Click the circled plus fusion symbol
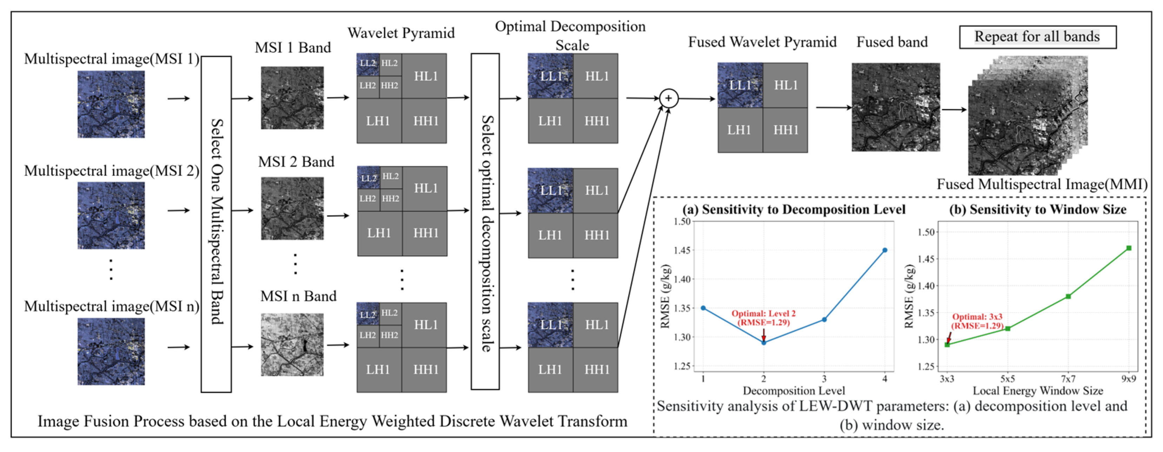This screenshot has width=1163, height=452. click(668, 98)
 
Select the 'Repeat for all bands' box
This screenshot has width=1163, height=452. click(1037, 37)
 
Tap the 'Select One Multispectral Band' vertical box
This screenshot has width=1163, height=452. click(216, 224)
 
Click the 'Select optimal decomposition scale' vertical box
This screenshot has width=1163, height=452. click(485, 221)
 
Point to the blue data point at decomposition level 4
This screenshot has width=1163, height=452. click(884, 250)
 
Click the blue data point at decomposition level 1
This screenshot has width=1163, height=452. click(703, 308)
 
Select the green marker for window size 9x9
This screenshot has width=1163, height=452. click(1129, 248)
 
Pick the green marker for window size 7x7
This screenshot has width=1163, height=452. click(1068, 297)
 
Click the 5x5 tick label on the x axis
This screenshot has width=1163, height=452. click(1007, 379)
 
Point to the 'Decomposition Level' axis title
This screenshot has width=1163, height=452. click(794, 390)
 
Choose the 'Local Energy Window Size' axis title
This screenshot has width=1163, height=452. click(1037, 390)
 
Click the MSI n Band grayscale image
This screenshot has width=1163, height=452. click(292, 344)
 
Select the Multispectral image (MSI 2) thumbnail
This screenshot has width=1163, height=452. click(111, 215)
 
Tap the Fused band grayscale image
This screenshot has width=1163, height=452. click(896, 107)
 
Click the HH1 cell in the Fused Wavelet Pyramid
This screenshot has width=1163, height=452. click(785, 130)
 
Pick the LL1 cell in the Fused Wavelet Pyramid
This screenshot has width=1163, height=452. click(740, 85)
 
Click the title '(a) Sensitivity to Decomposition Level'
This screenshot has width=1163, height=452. click(794, 209)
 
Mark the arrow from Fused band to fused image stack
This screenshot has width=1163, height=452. click(954, 109)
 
